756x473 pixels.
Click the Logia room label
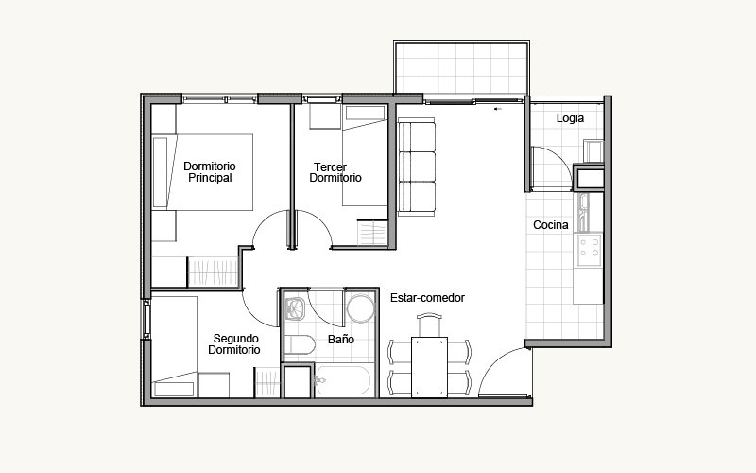(570, 118)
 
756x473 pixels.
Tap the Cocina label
(551, 225)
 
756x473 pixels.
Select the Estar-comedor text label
(427, 298)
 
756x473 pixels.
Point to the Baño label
(341, 340)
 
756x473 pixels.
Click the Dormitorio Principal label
(210, 172)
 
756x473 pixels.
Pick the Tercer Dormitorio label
(335, 172)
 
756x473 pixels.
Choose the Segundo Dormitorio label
(234, 344)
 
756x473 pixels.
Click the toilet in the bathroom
(300, 344)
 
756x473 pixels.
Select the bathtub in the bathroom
(343, 380)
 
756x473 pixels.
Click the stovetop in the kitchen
(590, 250)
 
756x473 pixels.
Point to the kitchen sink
(584, 212)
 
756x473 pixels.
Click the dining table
(429, 367)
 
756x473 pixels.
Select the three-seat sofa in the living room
(417, 166)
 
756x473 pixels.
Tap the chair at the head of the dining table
(429, 324)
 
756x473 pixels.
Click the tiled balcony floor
(461, 67)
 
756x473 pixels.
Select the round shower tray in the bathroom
(360, 309)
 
